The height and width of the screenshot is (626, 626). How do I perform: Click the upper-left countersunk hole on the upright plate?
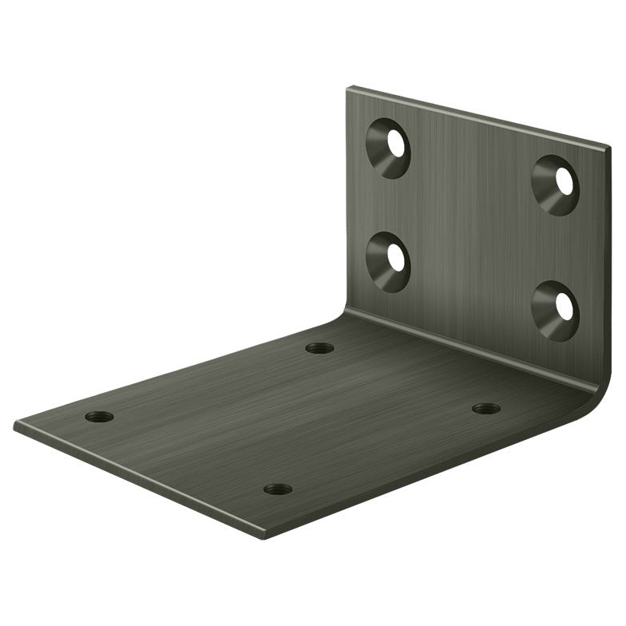[x=389, y=147]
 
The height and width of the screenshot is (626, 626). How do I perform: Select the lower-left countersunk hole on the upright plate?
[x=389, y=260]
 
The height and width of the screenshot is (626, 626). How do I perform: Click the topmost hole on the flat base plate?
[x=319, y=348]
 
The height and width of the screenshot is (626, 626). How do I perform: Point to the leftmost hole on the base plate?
[x=99, y=417]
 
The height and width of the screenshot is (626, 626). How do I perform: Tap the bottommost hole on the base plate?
[x=277, y=489]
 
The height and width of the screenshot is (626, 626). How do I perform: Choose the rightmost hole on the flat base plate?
[x=485, y=409]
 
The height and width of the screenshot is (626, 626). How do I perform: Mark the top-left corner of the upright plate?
[x=349, y=88]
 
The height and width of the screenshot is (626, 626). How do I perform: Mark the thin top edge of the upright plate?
[x=479, y=116]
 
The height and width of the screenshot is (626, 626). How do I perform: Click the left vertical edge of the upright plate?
[x=347, y=200]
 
